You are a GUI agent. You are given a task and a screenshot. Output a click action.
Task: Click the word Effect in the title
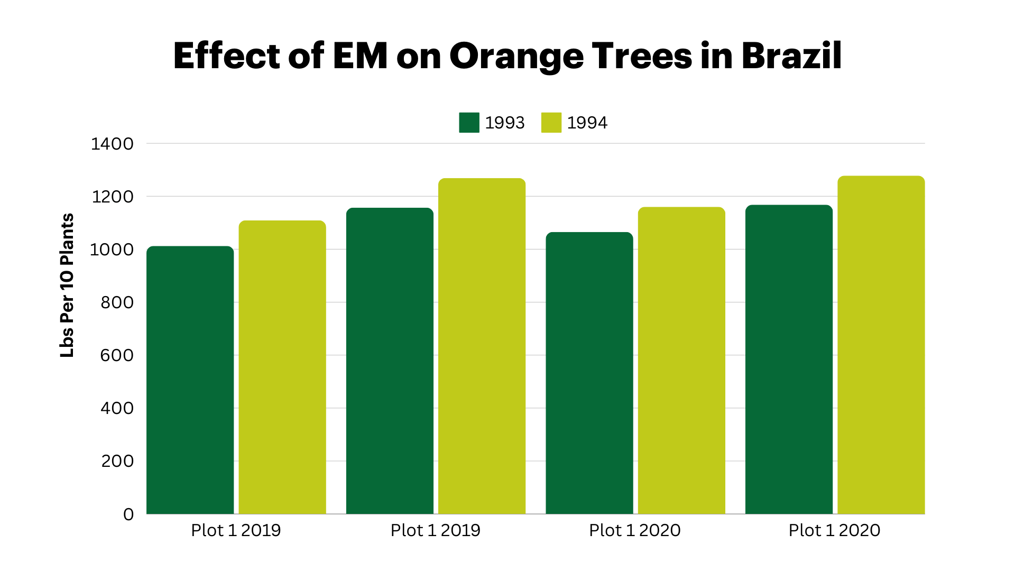click(226, 56)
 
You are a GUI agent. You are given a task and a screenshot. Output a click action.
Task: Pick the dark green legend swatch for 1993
click(469, 123)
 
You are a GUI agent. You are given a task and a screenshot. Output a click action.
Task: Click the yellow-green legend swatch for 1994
click(551, 123)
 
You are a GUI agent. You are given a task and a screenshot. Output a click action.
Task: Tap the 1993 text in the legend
click(504, 123)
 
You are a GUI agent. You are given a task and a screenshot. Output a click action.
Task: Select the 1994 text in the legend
click(587, 123)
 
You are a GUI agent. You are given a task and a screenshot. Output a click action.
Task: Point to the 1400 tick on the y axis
click(112, 144)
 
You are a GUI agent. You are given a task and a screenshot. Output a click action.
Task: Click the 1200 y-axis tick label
click(113, 197)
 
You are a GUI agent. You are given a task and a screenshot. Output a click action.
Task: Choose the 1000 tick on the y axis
click(112, 250)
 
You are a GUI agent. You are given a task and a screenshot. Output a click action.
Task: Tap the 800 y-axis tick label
click(117, 302)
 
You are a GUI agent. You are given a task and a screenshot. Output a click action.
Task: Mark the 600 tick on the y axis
click(117, 355)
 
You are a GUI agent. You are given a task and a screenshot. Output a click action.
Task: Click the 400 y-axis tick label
click(117, 408)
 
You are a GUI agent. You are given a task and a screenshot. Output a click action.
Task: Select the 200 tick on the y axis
click(117, 461)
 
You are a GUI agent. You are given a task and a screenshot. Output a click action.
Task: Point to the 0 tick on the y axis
click(128, 514)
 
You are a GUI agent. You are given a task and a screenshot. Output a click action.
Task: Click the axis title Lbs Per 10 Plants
click(67, 285)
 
